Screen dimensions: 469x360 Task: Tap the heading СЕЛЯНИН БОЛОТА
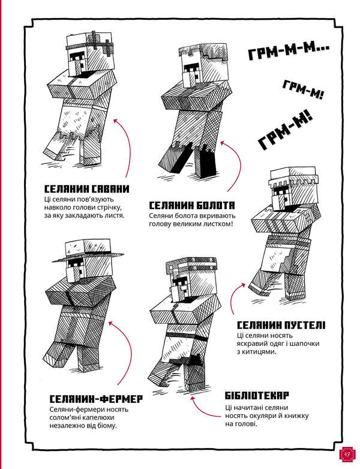[191, 204]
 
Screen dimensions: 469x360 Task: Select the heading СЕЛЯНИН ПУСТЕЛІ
[281, 325]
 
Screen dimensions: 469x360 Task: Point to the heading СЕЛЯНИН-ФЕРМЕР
[95, 399]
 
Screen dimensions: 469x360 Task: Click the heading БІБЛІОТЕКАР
[257, 396]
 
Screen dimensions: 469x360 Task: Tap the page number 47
[347, 455]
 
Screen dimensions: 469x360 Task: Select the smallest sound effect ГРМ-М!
[303, 91]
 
